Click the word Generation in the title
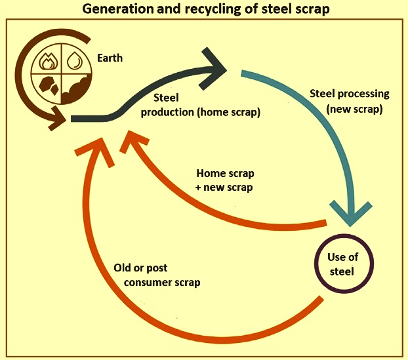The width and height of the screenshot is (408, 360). (x=119, y=9)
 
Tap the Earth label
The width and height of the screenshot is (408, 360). (x=110, y=58)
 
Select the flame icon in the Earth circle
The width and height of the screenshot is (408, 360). (x=47, y=62)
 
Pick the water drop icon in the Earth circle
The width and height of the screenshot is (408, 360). (x=74, y=60)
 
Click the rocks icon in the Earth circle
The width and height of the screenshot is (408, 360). (x=49, y=85)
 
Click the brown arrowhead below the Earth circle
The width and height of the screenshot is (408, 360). (x=57, y=119)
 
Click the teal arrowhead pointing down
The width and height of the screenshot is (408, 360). (x=350, y=213)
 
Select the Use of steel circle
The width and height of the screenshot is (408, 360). (x=344, y=264)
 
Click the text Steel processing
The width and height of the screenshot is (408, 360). (x=350, y=94)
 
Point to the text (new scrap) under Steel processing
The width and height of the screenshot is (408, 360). (x=354, y=109)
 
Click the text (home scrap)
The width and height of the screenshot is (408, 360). (x=228, y=112)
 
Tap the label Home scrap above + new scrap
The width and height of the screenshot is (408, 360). (x=226, y=173)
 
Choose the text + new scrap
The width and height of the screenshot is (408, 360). (x=224, y=188)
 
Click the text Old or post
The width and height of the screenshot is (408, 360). (x=140, y=268)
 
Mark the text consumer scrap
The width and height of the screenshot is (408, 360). (x=162, y=283)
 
